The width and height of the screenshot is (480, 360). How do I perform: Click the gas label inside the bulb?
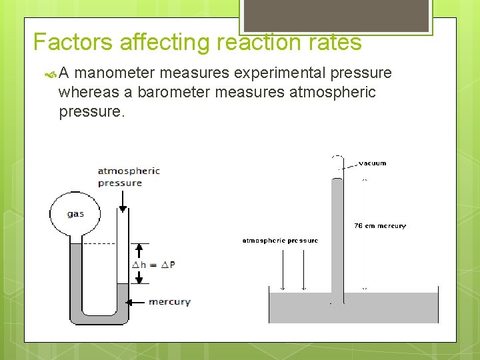[x=75, y=214]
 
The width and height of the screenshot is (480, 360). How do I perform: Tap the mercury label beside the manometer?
[x=169, y=302]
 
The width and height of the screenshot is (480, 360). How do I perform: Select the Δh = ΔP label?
[x=154, y=264]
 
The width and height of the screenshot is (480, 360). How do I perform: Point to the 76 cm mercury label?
[x=379, y=226]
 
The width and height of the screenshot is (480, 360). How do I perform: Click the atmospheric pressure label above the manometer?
[x=129, y=177]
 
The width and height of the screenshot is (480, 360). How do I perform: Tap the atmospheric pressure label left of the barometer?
[x=279, y=241]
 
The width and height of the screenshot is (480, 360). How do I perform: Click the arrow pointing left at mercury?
[x=137, y=302]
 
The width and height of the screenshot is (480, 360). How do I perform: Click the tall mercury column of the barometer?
[x=337, y=233]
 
